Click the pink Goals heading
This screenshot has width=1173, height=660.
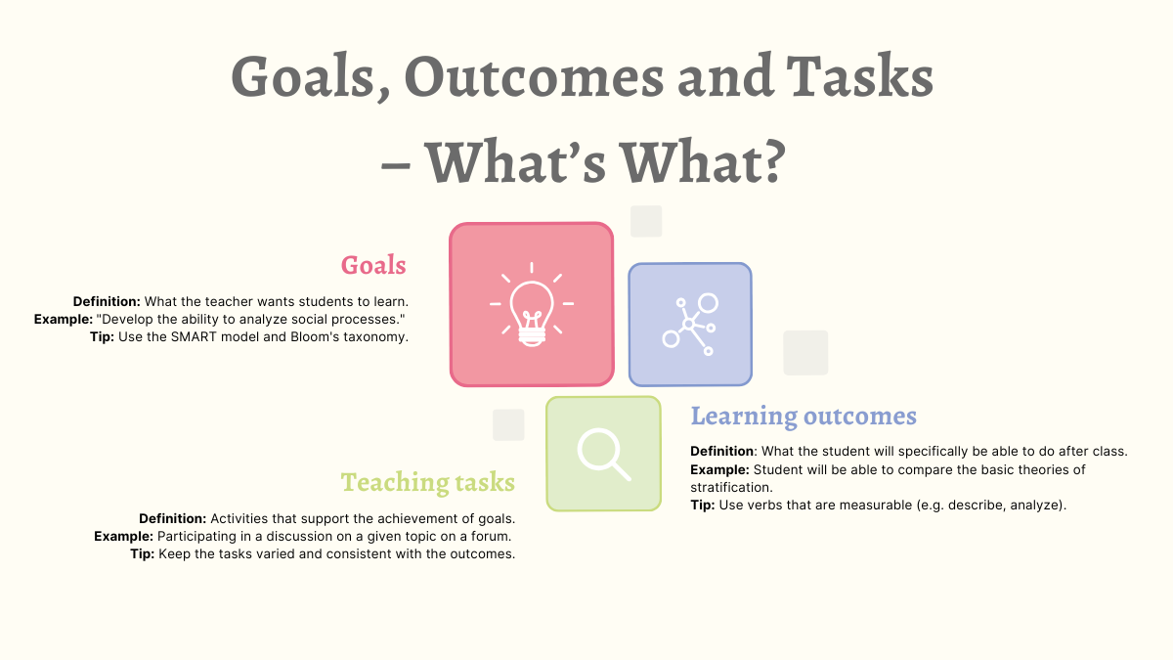coord(373,265)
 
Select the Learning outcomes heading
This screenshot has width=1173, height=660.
coord(804,417)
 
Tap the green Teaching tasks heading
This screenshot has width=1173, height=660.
coord(428,482)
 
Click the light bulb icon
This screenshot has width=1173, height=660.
coord(532,304)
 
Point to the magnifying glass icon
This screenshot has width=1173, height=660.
coord(604,454)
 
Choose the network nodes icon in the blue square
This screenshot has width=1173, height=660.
coord(690,325)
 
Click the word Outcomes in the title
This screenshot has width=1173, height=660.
coord(534,77)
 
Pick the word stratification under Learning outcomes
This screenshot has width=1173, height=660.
coord(731,487)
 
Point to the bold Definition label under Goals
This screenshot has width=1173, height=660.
coord(107,302)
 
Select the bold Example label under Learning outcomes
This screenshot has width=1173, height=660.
coord(719,469)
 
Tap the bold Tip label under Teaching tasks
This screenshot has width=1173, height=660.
coord(143,554)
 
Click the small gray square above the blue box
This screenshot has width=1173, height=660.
coord(646,221)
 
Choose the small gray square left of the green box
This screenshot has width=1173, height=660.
coord(508,424)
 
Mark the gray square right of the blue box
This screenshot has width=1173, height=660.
coord(805,353)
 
